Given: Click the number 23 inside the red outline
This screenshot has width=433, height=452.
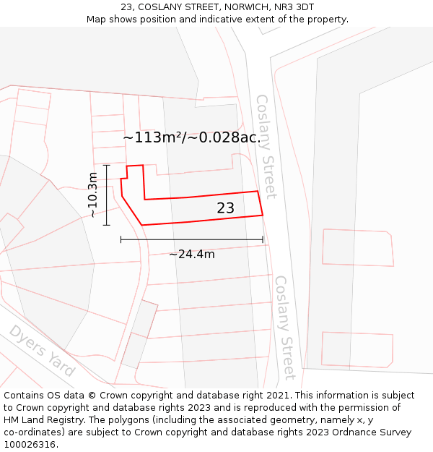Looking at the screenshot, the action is [225, 208].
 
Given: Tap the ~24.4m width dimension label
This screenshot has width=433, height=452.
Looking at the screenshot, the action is [192, 254].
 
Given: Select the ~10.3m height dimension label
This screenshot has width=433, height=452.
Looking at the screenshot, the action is [92, 195].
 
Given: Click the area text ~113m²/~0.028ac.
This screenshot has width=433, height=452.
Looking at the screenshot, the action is [191, 137].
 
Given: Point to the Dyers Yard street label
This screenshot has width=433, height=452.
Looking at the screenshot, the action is [42, 351].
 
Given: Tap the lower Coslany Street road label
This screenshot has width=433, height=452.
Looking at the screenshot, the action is [285, 327].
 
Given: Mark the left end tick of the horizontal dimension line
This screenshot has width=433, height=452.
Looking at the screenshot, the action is [121, 239].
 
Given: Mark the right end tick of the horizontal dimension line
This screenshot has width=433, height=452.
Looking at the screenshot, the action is [263, 239].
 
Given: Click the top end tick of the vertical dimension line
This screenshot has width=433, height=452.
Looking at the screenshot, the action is [106, 166].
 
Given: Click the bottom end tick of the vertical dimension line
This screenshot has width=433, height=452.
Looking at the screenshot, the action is [106, 225].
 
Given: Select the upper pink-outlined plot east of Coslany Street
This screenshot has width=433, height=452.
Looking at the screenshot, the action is [357, 248].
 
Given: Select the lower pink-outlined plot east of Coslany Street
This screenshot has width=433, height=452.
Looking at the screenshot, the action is [357, 349].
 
